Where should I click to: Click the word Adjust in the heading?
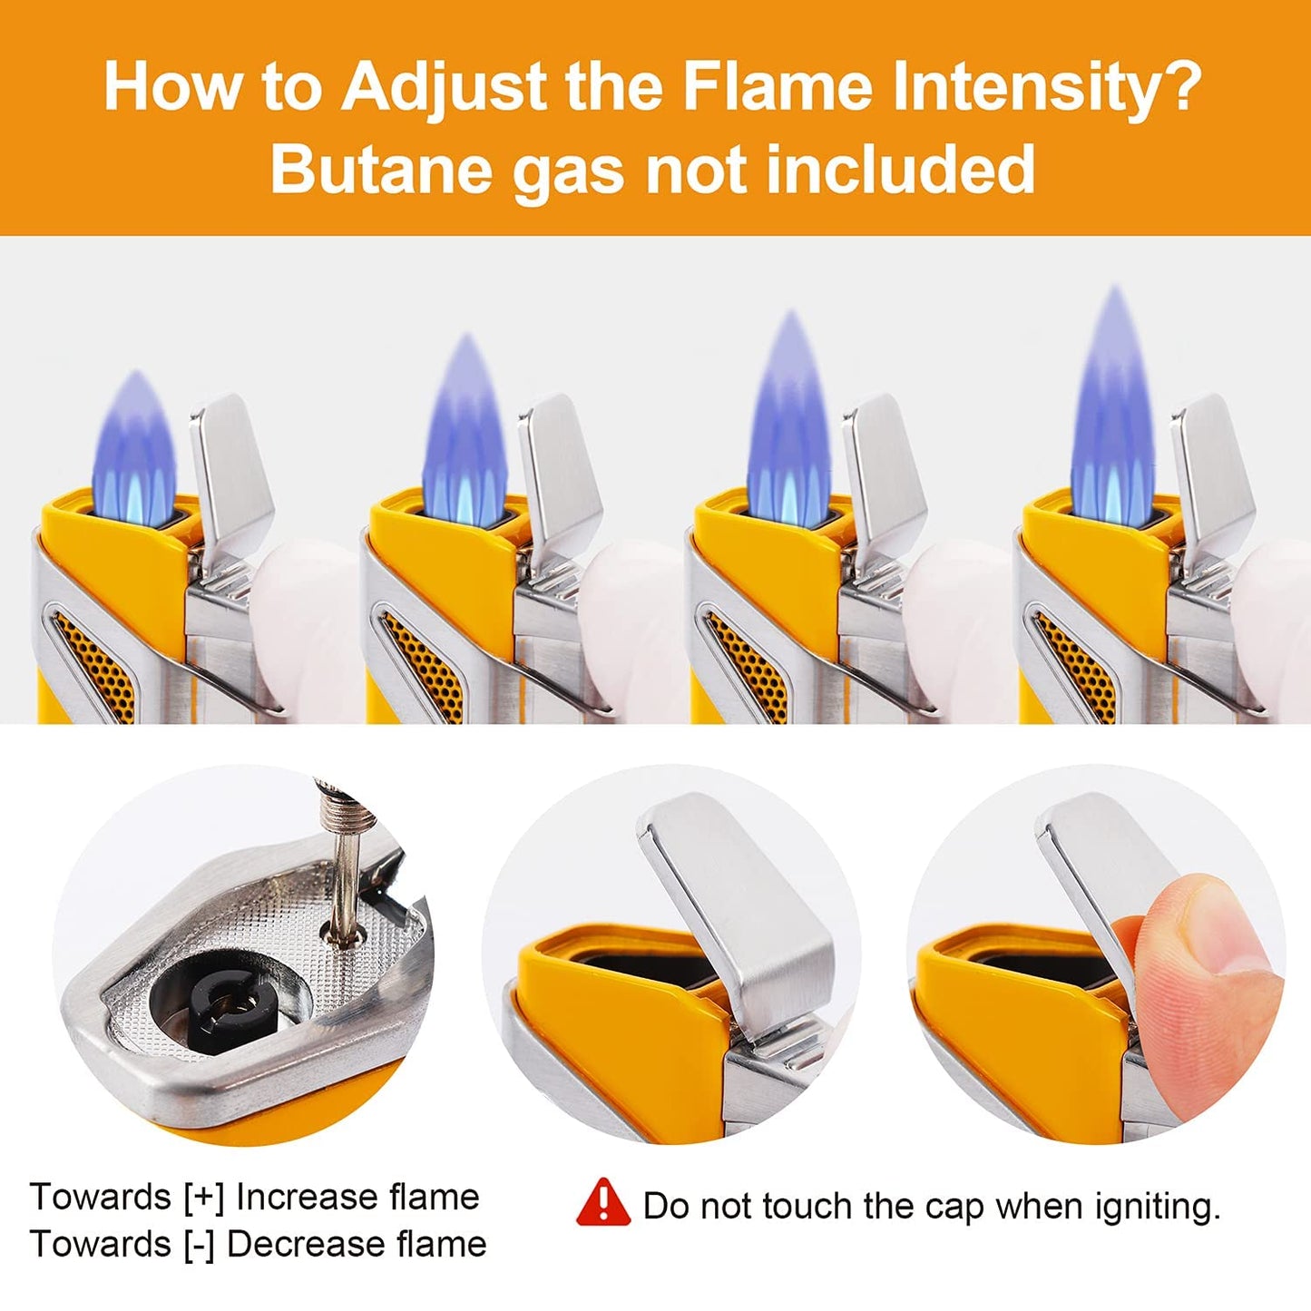click(x=443, y=88)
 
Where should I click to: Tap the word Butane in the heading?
click(x=381, y=168)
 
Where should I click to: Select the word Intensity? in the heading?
click(x=1044, y=88)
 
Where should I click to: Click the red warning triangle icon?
click(x=602, y=1223)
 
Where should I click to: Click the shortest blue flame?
click(x=134, y=449)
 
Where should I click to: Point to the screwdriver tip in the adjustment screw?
click(x=345, y=937)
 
